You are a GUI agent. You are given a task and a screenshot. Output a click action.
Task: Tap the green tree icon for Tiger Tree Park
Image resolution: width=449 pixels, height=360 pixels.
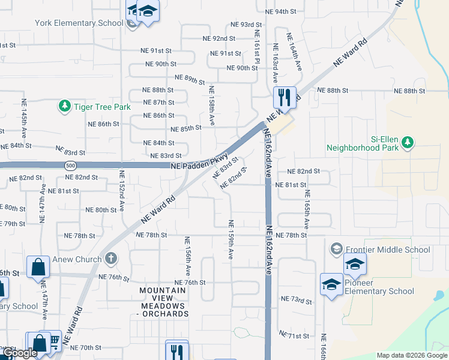pyautogui.click(x=64, y=106)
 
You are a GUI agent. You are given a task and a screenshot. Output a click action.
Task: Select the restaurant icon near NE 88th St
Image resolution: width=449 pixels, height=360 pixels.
pyautogui.click(x=284, y=97)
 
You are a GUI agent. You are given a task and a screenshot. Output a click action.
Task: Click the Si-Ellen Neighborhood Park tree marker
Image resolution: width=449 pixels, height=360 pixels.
pyautogui.click(x=408, y=142)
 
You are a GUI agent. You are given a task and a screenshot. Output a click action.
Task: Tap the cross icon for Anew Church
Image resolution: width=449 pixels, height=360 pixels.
pyautogui.click(x=110, y=259)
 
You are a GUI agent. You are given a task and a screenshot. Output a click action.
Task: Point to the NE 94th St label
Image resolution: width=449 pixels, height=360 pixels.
pyautogui.click(x=281, y=12)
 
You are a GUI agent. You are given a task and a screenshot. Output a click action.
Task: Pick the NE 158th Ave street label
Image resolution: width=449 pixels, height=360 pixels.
pyautogui.click(x=211, y=105)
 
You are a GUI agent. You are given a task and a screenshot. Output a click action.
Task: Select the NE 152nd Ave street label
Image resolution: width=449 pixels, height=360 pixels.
pyautogui.click(x=121, y=190)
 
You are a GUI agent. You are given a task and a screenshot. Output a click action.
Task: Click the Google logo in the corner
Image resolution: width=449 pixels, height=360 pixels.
pyautogui.click(x=19, y=353)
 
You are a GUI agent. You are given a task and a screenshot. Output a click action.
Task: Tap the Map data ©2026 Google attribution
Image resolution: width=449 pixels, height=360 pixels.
pyautogui.click(x=411, y=355)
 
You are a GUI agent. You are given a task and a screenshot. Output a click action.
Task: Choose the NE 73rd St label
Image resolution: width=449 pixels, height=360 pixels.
pyautogui.click(x=297, y=299)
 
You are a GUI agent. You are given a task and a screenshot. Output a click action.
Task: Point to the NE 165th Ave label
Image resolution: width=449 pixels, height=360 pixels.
pyautogui.click(x=307, y=209)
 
